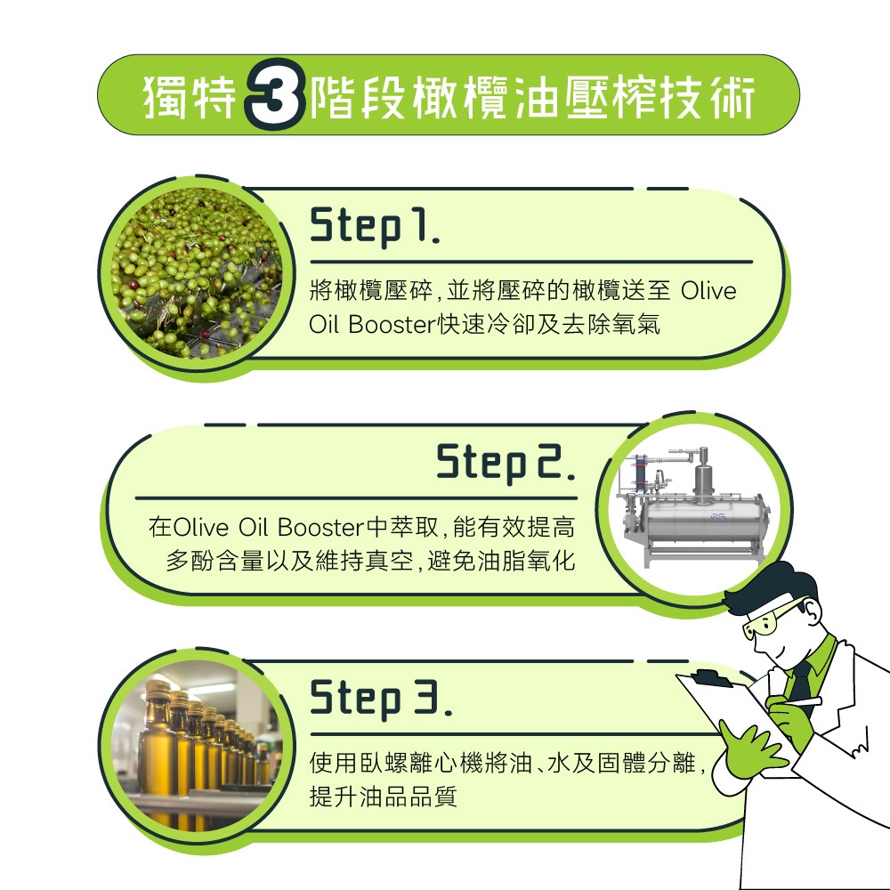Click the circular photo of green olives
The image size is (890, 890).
point(195,274)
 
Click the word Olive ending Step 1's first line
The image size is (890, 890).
point(708,292)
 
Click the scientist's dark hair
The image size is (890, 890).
point(770,583)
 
